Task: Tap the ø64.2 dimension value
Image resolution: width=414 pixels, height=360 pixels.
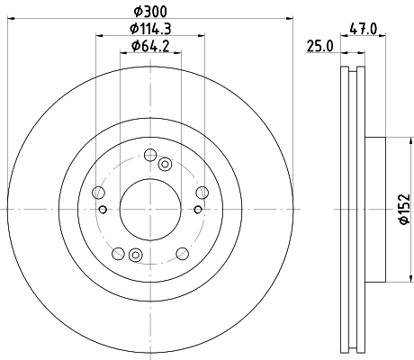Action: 151,45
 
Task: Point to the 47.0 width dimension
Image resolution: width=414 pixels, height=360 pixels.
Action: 363,29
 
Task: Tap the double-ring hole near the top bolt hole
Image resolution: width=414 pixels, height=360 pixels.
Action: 165,164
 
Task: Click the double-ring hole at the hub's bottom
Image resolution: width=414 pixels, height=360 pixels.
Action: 136,254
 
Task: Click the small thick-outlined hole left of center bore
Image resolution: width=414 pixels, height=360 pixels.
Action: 103,211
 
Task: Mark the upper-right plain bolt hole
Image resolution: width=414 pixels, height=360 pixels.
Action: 201,191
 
